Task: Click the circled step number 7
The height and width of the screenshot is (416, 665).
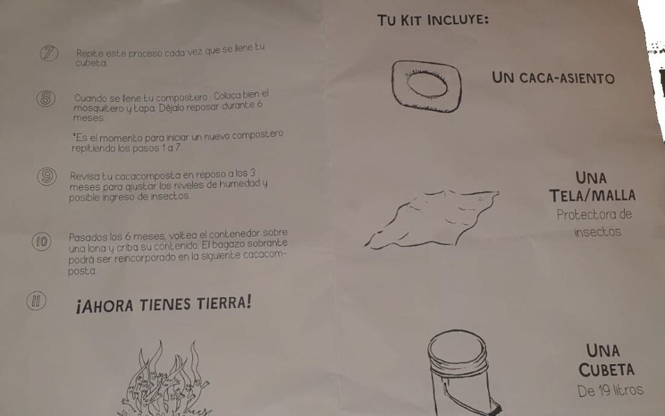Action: pyautogui.click(x=49, y=53)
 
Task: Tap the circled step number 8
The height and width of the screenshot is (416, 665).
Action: pyautogui.click(x=46, y=98)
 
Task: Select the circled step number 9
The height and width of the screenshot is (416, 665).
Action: pyautogui.click(x=47, y=176)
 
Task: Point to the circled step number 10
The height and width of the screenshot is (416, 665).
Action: pyautogui.click(x=42, y=242)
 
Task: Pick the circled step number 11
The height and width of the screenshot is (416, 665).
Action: pyautogui.click(x=36, y=301)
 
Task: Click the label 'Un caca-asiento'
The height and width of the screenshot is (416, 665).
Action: pyautogui.click(x=553, y=78)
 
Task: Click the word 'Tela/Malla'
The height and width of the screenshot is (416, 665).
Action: pyautogui.click(x=592, y=196)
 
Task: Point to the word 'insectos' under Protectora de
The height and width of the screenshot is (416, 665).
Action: pyautogui.click(x=597, y=232)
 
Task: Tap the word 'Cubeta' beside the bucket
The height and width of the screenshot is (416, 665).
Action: pyautogui.click(x=607, y=369)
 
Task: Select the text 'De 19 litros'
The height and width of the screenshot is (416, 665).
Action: pyautogui.click(x=610, y=391)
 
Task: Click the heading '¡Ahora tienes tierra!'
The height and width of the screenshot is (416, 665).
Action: pyautogui.click(x=164, y=304)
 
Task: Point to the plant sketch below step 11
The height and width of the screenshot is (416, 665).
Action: pyautogui.click(x=164, y=379)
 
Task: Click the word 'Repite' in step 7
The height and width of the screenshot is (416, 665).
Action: pyautogui.click(x=90, y=53)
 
